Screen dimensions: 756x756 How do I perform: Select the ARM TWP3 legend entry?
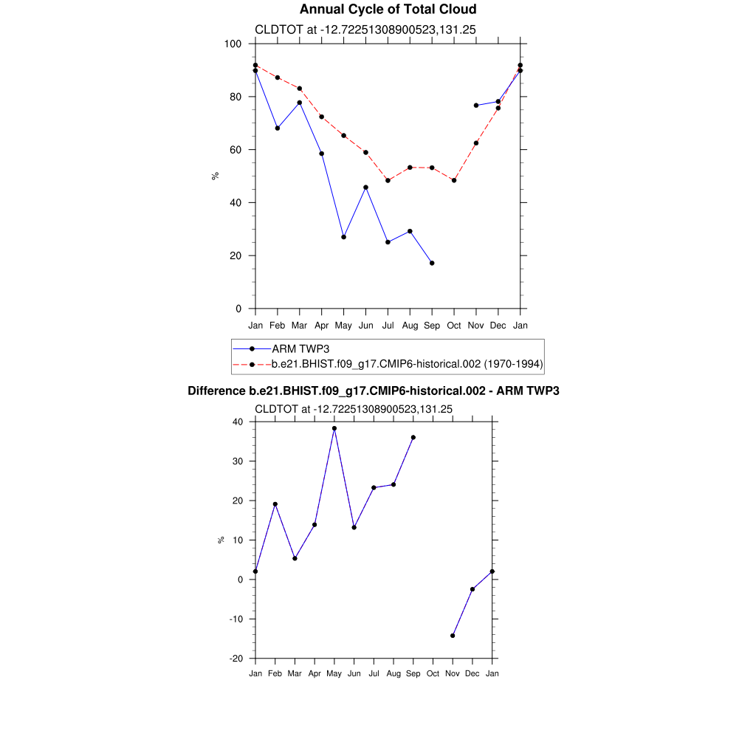295,348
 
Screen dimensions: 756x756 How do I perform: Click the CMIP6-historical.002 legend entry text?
408,364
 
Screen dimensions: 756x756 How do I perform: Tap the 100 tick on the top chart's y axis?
233,44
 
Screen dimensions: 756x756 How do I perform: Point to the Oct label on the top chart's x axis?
454,326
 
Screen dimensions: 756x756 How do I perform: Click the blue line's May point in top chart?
343,237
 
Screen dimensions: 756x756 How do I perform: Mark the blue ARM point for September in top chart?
432,263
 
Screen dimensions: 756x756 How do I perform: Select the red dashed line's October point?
454,180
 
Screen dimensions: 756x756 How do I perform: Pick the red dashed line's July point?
388,180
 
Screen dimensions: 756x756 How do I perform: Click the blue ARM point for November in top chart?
476,106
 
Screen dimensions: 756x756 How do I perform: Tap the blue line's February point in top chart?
278,128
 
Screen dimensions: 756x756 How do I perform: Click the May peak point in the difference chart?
334,428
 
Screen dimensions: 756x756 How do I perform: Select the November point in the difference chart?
453,636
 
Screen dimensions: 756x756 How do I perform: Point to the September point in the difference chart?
413,437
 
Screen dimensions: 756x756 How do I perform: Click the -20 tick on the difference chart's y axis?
238,659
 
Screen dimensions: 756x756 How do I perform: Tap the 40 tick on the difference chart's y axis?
238,422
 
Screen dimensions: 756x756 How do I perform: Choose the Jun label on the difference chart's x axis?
354,673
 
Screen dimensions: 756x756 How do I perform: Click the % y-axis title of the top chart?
215,176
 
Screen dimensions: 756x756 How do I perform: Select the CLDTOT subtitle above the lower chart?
354,409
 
